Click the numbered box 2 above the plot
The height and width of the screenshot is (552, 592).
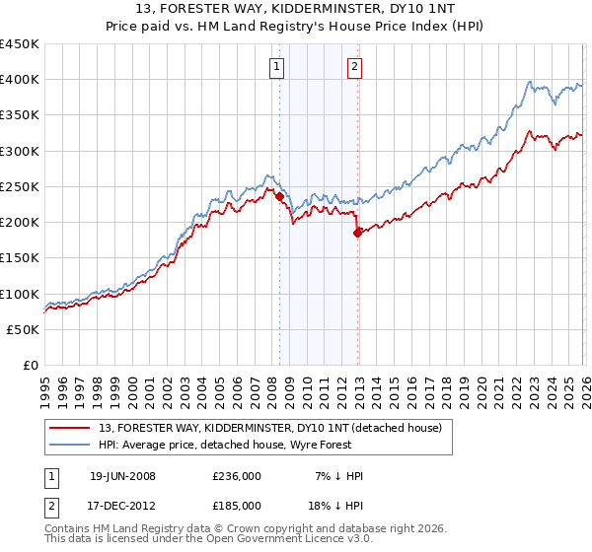coord(353,67)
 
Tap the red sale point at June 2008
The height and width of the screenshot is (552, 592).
coord(279,196)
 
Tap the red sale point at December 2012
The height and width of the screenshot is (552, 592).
coord(357,233)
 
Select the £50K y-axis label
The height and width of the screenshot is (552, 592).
coord(23,329)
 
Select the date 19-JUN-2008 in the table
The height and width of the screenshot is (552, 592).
coord(122,476)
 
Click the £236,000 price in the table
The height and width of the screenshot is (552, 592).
coord(236,476)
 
